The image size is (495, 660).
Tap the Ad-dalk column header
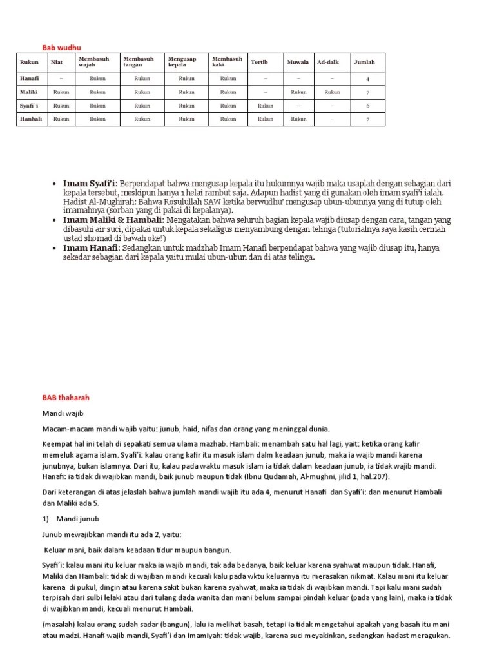click(328, 63)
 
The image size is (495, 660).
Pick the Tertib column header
click(259, 63)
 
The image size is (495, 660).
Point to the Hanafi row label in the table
click(30, 78)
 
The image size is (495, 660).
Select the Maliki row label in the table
click(29, 92)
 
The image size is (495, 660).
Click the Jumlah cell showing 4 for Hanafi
click(367, 79)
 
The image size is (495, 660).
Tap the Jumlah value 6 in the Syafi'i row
click(367, 106)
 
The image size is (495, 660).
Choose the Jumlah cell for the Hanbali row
click(367, 119)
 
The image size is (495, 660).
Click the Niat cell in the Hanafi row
click(61, 78)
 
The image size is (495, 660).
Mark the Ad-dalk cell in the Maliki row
click(332, 92)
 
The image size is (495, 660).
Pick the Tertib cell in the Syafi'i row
click(265, 105)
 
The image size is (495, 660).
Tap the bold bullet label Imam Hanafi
click(91, 247)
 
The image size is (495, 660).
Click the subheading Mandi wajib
click(63, 413)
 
